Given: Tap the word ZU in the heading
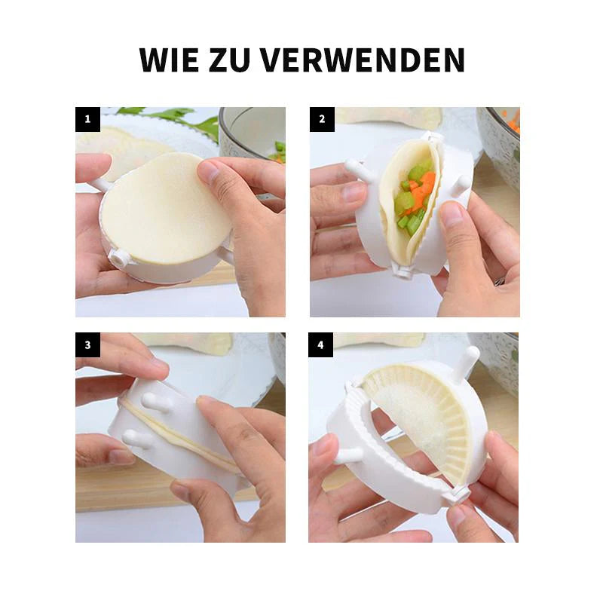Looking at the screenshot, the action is tap(230, 60).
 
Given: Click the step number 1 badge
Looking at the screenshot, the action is tap(87, 119).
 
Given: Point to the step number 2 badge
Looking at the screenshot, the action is tap(323, 119).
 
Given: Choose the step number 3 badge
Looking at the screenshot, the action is tap(87, 345).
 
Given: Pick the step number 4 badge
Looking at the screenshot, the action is tap(321, 345).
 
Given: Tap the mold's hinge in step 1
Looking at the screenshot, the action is tap(119, 257).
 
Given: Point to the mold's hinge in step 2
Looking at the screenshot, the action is tap(403, 269).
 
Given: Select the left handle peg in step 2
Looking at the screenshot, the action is tap(359, 169).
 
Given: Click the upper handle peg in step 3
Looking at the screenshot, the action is tap(156, 403).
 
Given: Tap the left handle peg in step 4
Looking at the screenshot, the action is tap(348, 456).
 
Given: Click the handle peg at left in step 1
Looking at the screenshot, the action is tap(101, 184).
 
